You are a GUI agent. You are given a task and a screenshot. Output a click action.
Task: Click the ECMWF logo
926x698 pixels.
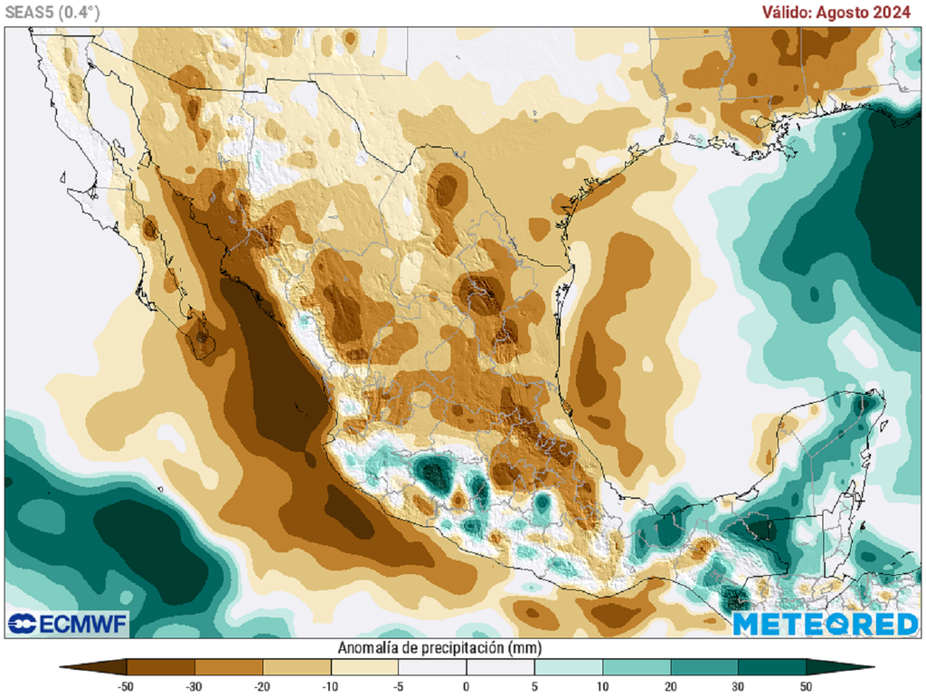click(x=68, y=624)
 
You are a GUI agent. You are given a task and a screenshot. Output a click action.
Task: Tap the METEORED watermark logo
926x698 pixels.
click(x=825, y=624)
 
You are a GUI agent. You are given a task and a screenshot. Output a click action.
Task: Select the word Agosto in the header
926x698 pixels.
click(x=847, y=12)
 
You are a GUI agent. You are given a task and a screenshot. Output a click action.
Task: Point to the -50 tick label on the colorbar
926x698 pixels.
click(x=126, y=686)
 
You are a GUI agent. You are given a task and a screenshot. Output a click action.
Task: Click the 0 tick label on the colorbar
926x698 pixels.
click(x=467, y=686)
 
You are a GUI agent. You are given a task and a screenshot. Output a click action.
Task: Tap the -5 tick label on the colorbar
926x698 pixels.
click(x=398, y=686)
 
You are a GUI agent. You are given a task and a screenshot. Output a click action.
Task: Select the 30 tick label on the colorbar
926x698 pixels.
click(x=739, y=686)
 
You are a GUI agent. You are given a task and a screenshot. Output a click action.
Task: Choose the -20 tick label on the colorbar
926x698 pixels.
click(x=262, y=686)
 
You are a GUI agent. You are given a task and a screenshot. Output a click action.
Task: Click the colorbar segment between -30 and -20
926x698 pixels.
click(x=229, y=668)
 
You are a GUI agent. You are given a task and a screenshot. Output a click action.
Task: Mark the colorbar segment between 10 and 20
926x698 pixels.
click(x=638, y=668)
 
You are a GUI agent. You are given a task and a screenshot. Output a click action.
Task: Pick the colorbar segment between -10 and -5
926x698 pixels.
click(x=364, y=668)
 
